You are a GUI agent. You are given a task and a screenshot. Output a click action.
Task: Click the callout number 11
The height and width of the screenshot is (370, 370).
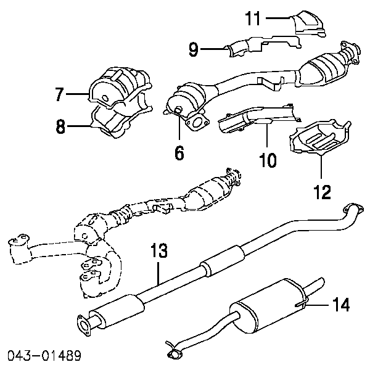pyautogui.click(x=253, y=18)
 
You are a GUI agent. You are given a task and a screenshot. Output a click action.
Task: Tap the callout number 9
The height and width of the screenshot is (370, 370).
pyautogui.click(x=193, y=49)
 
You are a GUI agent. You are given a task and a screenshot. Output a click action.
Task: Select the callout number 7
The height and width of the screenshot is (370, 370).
pyautogui.click(x=59, y=94)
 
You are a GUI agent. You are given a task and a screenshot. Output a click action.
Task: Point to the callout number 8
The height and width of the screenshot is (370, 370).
pyautogui.click(x=60, y=126)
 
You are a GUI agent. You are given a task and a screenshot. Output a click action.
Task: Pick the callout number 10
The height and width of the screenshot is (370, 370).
pyautogui.click(x=268, y=160)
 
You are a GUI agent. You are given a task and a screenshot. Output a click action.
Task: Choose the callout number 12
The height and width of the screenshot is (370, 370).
pyautogui.click(x=323, y=192)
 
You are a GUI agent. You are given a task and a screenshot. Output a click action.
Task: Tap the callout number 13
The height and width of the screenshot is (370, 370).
pyautogui.click(x=159, y=250)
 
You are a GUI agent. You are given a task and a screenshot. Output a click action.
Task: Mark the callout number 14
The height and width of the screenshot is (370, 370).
pyautogui.click(x=341, y=305)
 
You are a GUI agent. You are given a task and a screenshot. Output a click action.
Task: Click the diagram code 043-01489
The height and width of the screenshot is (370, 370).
pyautogui.click(x=44, y=356)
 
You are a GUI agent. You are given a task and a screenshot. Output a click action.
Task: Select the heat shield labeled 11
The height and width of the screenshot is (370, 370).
pyautogui.click(x=308, y=24)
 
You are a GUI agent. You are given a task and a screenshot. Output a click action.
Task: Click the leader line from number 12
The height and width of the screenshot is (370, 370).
pyautogui.click(x=321, y=166)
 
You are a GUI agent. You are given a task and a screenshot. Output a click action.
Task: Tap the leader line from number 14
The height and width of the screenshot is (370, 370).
pyautogui.click(x=317, y=305)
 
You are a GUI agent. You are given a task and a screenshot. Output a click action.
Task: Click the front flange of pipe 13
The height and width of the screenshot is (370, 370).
pyautogui.click(x=83, y=325)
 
